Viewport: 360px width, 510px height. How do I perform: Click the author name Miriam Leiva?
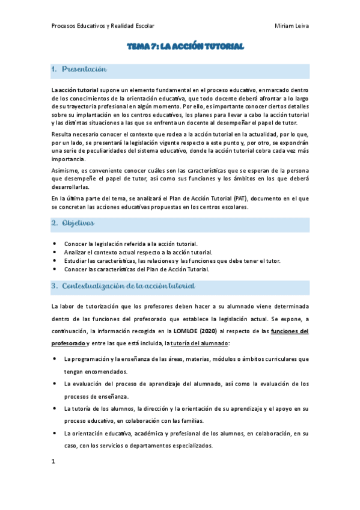coord(291,26)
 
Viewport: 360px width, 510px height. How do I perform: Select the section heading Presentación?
coord(84,70)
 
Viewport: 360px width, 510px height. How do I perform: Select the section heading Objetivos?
coord(78,223)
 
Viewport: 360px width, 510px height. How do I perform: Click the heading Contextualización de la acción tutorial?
coord(128,286)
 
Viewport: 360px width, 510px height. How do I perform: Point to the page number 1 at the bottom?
coord(53,461)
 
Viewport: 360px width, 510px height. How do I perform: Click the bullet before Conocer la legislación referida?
coord(55,244)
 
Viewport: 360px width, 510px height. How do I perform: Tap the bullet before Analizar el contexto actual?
coord(55,252)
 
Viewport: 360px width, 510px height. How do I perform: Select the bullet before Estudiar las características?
coord(55,260)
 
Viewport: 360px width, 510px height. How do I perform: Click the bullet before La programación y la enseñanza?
coord(55,358)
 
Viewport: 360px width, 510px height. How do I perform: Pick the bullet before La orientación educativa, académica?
coord(55,433)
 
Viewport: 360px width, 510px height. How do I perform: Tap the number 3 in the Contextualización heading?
coord(53,286)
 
